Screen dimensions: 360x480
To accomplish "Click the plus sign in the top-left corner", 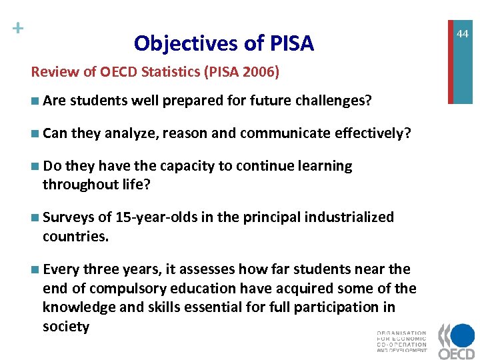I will (x=18, y=28).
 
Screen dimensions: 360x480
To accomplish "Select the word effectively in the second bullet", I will (x=373, y=133).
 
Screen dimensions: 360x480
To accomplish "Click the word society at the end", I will (x=65, y=327).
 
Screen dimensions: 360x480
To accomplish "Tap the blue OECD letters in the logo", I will (x=457, y=350).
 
